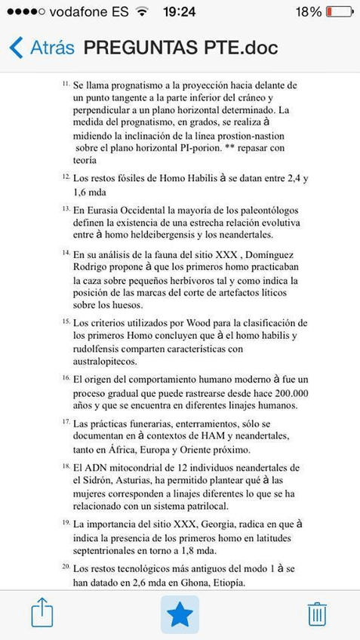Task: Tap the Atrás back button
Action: coord(42,48)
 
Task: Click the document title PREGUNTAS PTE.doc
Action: coord(180,48)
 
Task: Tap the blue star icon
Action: coord(180,614)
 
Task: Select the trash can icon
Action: coord(317,614)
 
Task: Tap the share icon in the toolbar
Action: coord(42,612)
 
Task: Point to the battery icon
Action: coord(340,12)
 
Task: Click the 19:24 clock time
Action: coord(179,12)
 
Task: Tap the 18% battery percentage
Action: coord(308,12)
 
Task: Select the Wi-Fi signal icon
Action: coord(141,12)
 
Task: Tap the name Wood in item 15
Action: coord(210,323)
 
